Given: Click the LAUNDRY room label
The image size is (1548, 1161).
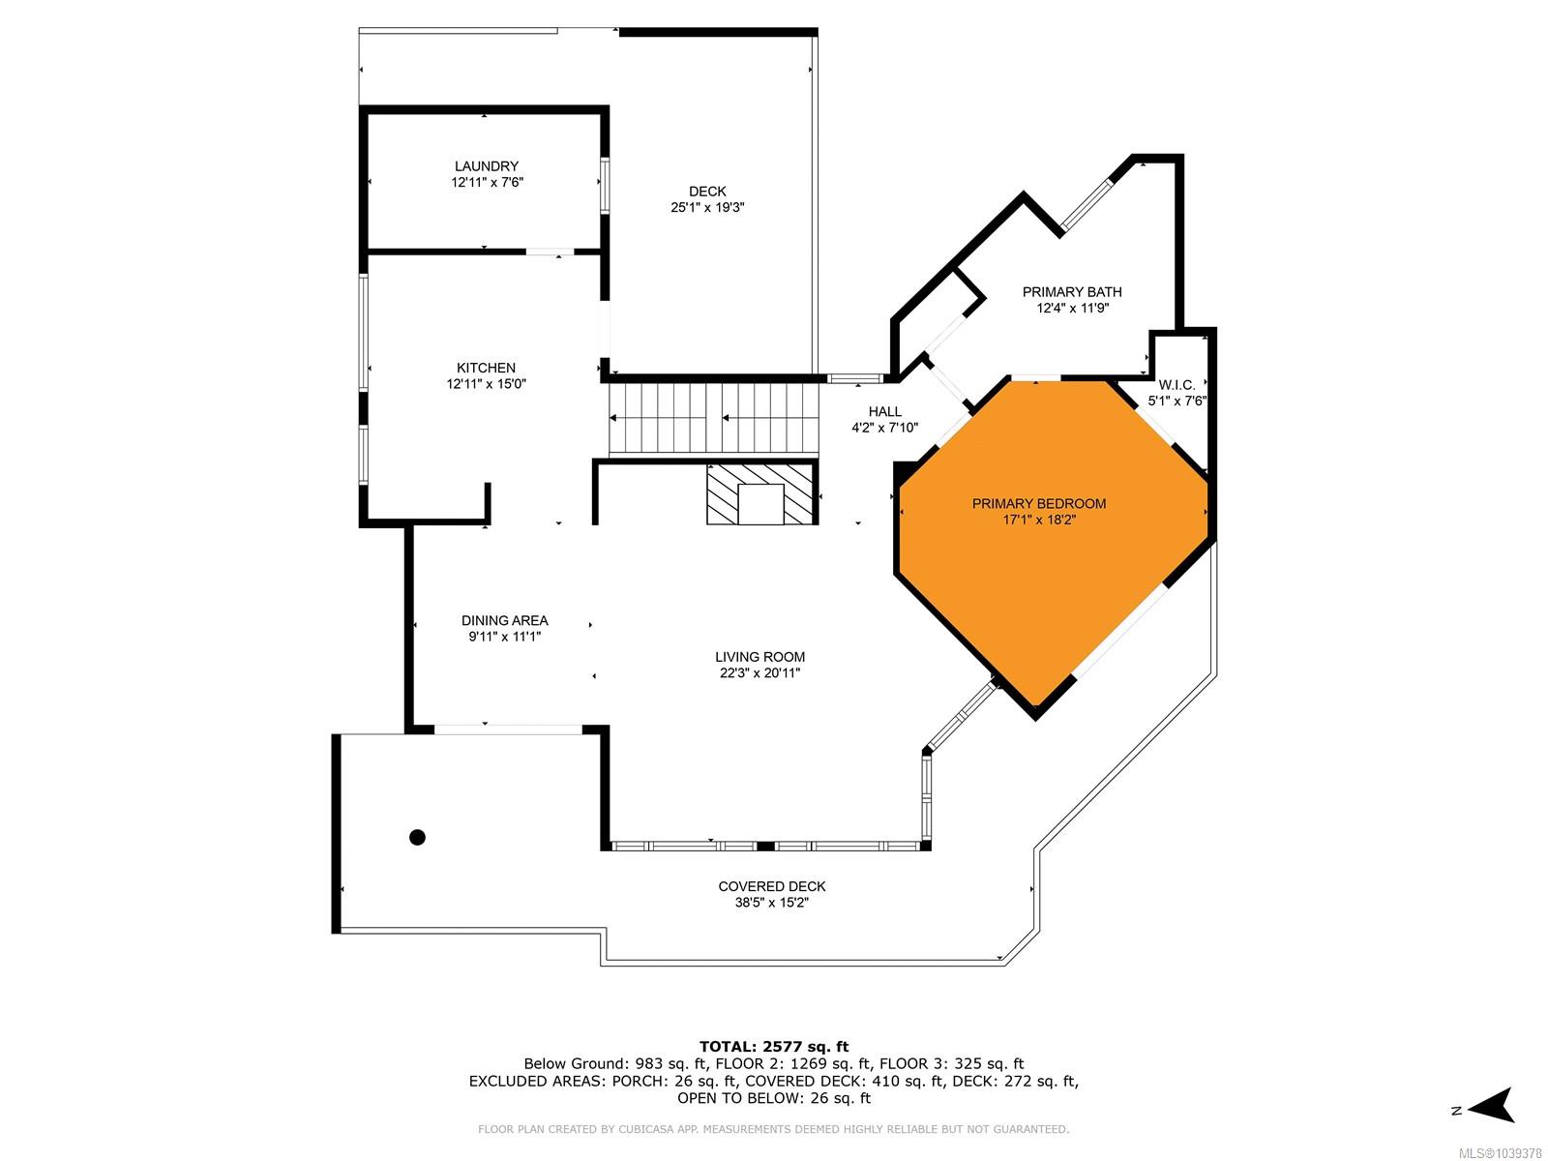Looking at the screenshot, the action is click(x=486, y=166).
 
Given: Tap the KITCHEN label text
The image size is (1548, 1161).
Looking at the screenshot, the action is click(x=486, y=368).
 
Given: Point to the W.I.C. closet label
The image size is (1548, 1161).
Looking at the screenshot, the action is click(x=1176, y=385).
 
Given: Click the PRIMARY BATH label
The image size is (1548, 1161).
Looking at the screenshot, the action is click(x=1072, y=292).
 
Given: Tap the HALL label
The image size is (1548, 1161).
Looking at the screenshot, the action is click(x=884, y=412).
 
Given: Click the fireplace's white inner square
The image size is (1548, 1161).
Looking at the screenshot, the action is click(x=760, y=504).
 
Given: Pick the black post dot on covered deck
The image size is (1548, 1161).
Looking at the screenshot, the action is click(x=418, y=838).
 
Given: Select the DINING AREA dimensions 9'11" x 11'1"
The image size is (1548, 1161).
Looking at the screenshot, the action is click(x=504, y=637).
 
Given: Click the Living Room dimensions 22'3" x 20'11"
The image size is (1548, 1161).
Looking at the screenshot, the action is click(x=759, y=672).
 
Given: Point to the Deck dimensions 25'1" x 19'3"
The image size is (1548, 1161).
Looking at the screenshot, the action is click(x=707, y=207).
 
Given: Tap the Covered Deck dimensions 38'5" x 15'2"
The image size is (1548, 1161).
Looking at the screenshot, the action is click(x=771, y=903).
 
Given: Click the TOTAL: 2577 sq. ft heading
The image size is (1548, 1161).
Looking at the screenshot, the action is click(x=774, y=1046).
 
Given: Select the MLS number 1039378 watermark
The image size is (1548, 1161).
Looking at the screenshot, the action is click(x=1500, y=1152).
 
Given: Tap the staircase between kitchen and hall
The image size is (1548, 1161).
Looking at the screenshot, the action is click(x=714, y=419).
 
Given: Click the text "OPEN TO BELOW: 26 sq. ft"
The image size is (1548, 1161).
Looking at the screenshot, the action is click(x=774, y=1097).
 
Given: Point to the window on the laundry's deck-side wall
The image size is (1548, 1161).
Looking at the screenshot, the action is click(x=605, y=186).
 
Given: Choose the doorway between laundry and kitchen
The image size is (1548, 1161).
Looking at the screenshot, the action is click(x=551, y=252).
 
